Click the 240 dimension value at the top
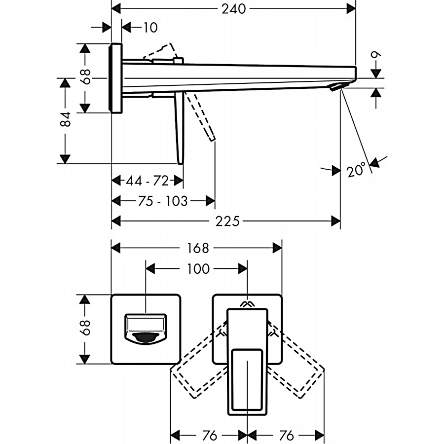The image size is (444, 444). click(233, 8)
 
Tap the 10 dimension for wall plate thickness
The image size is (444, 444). click(150, 28)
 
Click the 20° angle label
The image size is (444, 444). click(357, 170)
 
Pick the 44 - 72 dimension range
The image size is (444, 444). click(147, 181)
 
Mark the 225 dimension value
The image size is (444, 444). click(226, 222)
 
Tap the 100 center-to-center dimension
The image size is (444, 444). click(198, 269)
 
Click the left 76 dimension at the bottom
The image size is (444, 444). click(210, 436)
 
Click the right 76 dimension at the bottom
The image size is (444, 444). click(286, 436)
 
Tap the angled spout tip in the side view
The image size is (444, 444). click(338, 87)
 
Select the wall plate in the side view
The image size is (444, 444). click(116, 78)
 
